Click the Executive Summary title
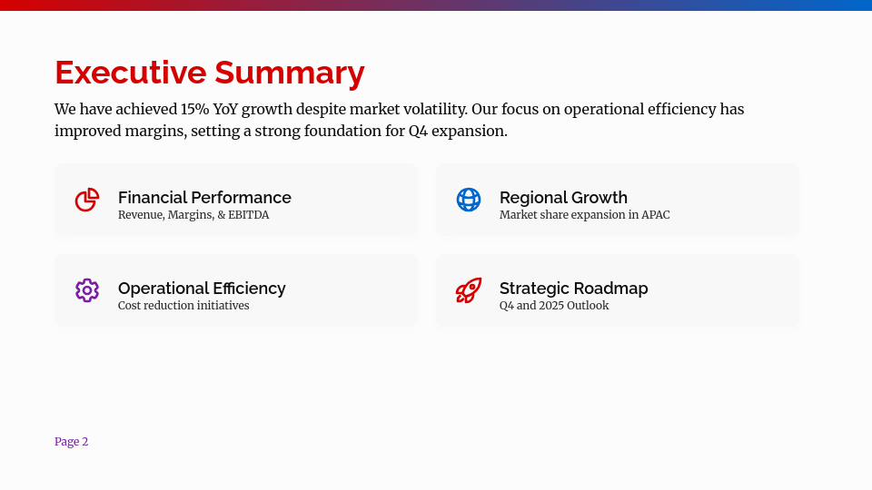pyautogui.click(x=209, y=73)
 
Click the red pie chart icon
pyautogui.click(x=87, y=200)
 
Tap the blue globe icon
pyautogui.click(x=469, y=200)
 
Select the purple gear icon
pyautogui.click(x=87, y=290)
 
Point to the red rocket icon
pyautogui.click(x=469, y=290)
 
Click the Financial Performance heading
pyautogui.click(x=204, y=197)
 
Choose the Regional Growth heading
pyautogui.click(x=563, y=197)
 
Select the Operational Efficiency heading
pyautogui.click(x=202, y=288)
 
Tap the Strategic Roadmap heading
pyautogui.click(x=573, y=288)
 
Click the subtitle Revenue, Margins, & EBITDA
pyautogui.click(x=193, y=215)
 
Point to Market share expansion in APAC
pyautogui.click(x=584, y=215)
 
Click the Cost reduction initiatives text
pyautogui.click(x=183, y=306)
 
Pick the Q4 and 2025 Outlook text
pyautogui.click(x=554, y=306)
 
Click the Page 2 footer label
pyautogui.click(x=71, y=442)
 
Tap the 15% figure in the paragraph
pyautogui.click(x=194, y=109)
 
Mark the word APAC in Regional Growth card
pyautogui.click(x=655, y=215)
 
